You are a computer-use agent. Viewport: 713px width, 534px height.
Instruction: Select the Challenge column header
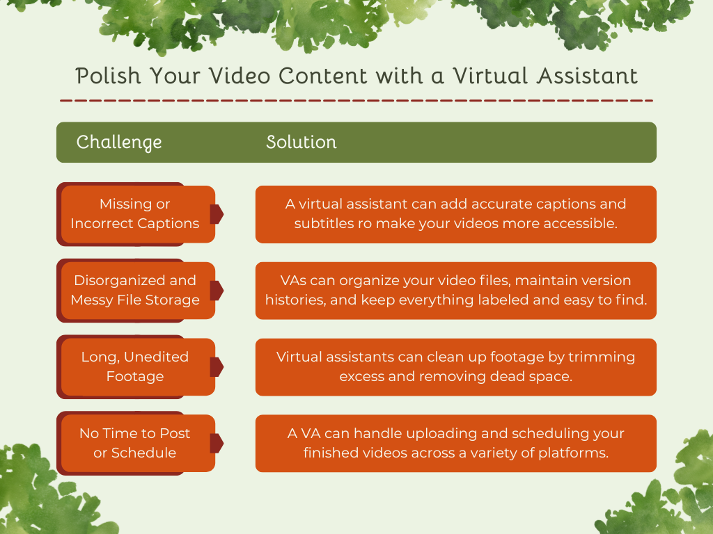coord(119,143)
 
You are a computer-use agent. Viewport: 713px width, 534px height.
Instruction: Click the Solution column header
coord(301,143)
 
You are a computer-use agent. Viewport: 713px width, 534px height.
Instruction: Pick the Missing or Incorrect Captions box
coord(135,214)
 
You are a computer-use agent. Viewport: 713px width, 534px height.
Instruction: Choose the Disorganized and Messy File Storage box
coord(135,291)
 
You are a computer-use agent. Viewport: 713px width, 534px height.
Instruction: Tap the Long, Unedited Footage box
coord(135,367)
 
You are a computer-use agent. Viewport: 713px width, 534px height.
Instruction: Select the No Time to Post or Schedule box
coord(135,444)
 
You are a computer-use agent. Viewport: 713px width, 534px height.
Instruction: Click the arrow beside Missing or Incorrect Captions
coord(217,214)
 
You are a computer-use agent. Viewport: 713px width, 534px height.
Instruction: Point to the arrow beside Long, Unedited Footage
coord(217,367)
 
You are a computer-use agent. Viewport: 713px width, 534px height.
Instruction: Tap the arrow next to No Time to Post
coord(217,444)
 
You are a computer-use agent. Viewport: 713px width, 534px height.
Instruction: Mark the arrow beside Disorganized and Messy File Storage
coord(217,291)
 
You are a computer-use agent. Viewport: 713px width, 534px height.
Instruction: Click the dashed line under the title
coord(356,101)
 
